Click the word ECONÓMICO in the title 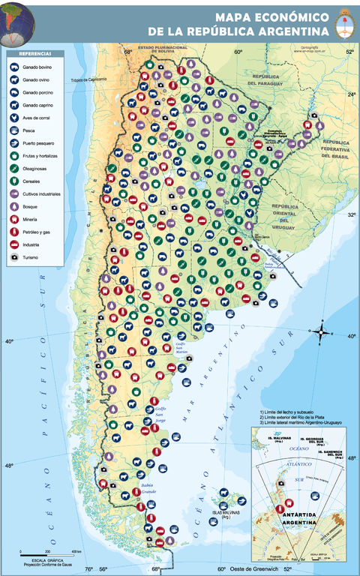click(290, 16)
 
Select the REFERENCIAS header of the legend click(35, 55)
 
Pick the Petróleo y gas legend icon click(16, 232)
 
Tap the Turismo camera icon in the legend click(16, 257)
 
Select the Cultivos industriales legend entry click(45, 193)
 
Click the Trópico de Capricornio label click(90, 79)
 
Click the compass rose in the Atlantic click(322, 331)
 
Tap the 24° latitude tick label click(351, 94)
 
